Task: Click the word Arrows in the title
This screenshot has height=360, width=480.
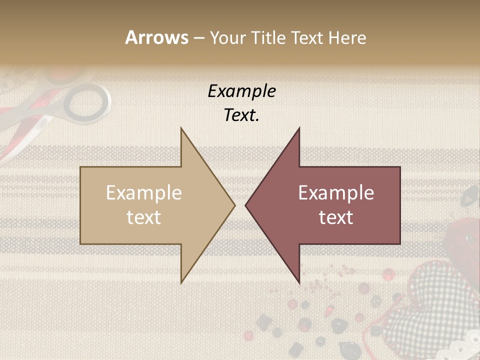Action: (157, 37)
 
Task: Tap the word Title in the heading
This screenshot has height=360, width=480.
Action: (268, 37)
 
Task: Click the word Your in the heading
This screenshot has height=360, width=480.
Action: (226, 37)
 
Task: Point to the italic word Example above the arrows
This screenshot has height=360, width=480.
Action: (241, 91)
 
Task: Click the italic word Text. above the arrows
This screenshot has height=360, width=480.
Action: (241, 115)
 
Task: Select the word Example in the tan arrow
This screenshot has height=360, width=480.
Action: (143, 192)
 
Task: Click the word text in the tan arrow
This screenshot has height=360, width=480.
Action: (143, 217)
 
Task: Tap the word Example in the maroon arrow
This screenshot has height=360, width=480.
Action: (336, 192)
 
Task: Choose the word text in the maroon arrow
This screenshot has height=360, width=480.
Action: (336, 217)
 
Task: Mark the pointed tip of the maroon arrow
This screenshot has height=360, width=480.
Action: (246, 205)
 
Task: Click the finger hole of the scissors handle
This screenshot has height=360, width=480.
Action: (87, 102)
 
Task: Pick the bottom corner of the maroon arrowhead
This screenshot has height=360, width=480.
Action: (299, 282)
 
